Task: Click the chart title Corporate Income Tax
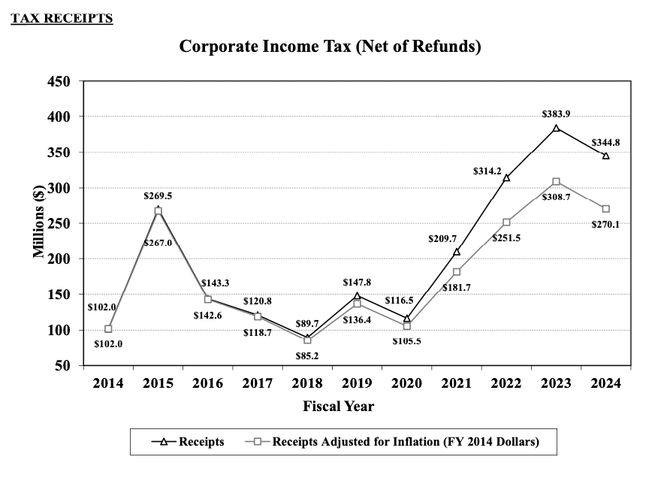coord(330,47)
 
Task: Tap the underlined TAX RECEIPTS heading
coord(62,18)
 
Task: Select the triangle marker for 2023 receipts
coord(556,128)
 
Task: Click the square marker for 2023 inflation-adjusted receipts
coord(556,182)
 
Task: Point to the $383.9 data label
coord(556,113)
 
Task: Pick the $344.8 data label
coord(605,142)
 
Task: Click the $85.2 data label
coord(306,355)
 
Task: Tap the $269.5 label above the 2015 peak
coord(158,195)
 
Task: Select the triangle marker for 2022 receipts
coord(506,177)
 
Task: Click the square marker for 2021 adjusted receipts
coord(457,272)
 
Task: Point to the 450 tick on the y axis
coord(59,81)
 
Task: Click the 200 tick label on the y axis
coord(59,259)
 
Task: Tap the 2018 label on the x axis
coord(306,383)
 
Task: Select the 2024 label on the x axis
coord(605,383)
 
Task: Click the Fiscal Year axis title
coord(338,407)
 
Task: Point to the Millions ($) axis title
coord(38,222)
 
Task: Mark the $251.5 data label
coord(506,237)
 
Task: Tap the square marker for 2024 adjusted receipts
coord(605,209)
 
